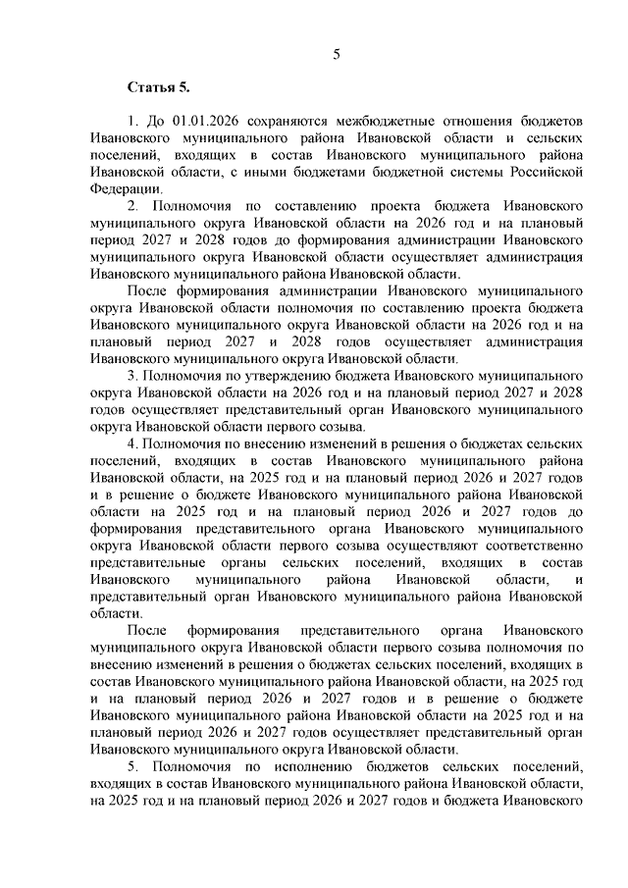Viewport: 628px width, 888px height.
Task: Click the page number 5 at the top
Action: pyautogui.click(x=336, y=55)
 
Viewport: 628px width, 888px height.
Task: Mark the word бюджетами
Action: pyautogui.click(x=325, y=173)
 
